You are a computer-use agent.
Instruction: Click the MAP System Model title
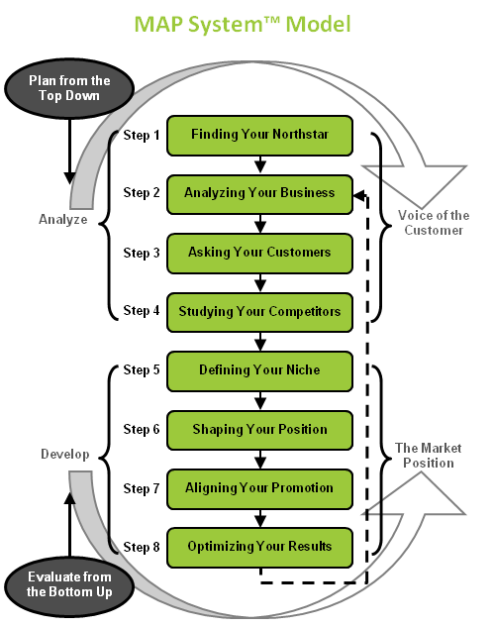point(243,25)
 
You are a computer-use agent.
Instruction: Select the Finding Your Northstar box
point(259,136)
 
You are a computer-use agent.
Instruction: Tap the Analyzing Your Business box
point(259,194)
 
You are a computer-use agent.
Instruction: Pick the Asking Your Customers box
point(259,254)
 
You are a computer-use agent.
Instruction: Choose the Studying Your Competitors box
point(259,312)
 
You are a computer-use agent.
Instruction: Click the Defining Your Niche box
point(259,371)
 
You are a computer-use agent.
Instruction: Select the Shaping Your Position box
point(259,430)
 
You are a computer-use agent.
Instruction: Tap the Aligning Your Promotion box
point(259,489)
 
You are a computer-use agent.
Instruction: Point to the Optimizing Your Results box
point(259,548)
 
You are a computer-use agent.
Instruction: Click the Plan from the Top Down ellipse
point(69,88)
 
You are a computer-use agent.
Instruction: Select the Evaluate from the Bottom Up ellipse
point(69,585)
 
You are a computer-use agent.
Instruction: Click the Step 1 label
point(142,135)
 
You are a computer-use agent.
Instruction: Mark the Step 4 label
point(142,310)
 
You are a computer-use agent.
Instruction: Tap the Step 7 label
point(142,488)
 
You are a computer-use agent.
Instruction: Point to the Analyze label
point(63,220)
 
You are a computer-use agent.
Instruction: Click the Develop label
point(64,455)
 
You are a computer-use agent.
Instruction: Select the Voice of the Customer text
point(434,223)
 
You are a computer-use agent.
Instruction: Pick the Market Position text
point(429,456)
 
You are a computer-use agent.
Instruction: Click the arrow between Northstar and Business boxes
point(260,164)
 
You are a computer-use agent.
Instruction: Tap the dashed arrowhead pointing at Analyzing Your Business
point(359,196)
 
